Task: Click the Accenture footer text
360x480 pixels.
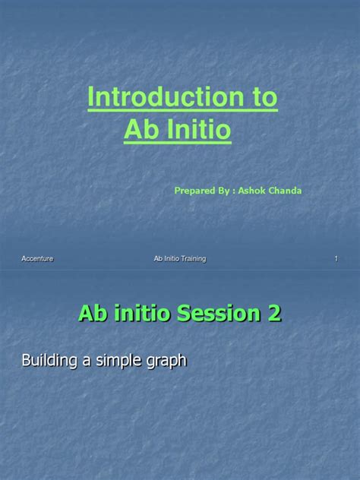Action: [37, 260]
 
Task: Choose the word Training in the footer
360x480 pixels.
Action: [190, 260]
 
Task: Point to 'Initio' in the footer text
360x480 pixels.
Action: [169, 260]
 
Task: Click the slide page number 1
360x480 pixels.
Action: [336, 260]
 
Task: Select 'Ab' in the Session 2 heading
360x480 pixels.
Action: [93, 312]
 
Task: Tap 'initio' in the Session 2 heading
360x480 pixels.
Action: [142, 312]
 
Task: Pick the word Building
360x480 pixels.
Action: [49, 361]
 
